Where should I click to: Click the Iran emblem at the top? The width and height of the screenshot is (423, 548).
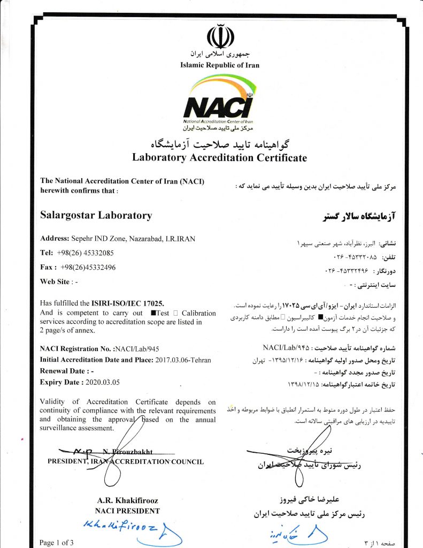[220, 37]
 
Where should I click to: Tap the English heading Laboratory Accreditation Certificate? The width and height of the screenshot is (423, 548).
[219, 157]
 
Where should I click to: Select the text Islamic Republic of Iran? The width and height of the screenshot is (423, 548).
[220, 65]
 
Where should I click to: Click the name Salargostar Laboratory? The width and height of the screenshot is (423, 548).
[96, 216]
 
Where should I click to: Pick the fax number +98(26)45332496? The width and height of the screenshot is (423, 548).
[88, 267]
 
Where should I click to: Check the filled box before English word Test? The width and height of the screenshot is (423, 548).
[153, 313]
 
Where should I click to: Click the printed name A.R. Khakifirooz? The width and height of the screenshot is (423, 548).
[127, 500]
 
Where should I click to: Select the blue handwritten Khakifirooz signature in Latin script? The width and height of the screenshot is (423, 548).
[118, 527]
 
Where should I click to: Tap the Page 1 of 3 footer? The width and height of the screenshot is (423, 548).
[57, 543]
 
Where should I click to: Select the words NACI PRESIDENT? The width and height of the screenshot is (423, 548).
[127, 511]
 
